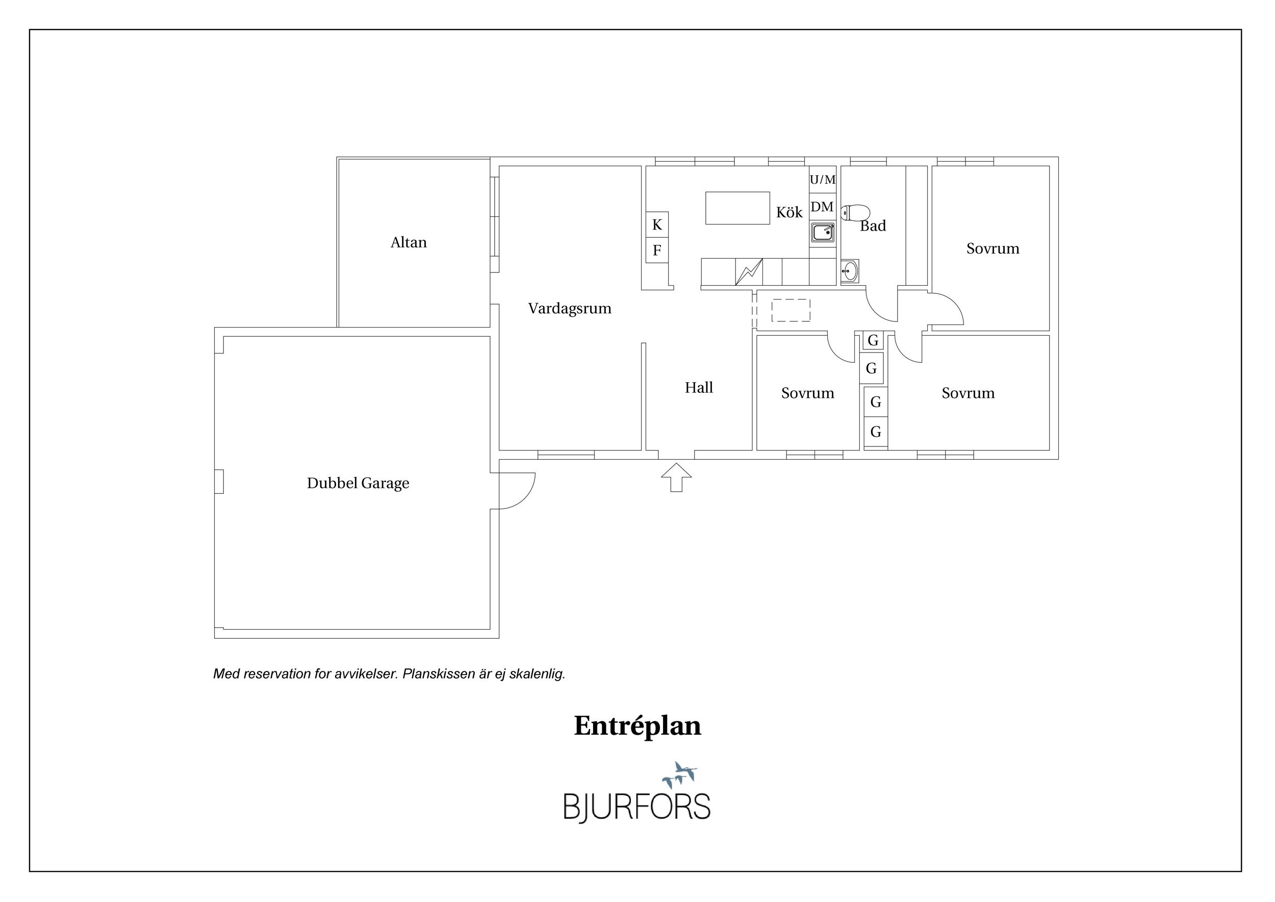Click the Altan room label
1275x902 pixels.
coord(408,243)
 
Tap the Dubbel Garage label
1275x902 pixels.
coord(358,483)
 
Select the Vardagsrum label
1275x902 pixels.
coord(570,309)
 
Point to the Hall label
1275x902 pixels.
coord(699,388)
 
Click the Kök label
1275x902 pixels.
coord(789,212)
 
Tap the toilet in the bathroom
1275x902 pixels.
coord(855,213)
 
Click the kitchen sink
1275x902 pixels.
coord(823,232)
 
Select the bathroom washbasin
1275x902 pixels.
coord(850,271)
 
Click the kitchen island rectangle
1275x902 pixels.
coord(737,208)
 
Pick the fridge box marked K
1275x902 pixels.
coord(657,224)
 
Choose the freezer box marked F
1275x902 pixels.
coord(657,250)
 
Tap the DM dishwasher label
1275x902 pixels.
coord(822,207)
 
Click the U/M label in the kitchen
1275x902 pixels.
coord(823,180)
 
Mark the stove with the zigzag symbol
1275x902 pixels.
coord(749,271)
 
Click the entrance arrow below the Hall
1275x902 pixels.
coord(676,477)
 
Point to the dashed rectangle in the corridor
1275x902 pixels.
coord(791,311)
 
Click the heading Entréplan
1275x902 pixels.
coord(637,725)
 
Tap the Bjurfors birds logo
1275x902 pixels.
coord(679,774)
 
